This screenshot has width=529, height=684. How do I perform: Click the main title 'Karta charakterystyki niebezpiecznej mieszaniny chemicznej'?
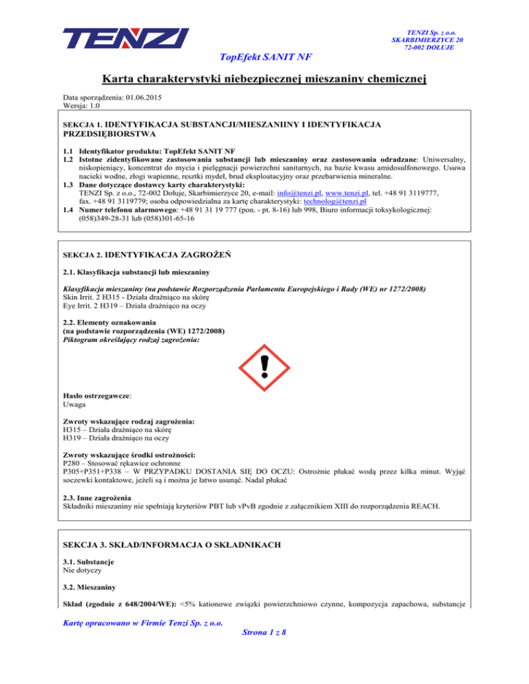(x=264, y=81)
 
